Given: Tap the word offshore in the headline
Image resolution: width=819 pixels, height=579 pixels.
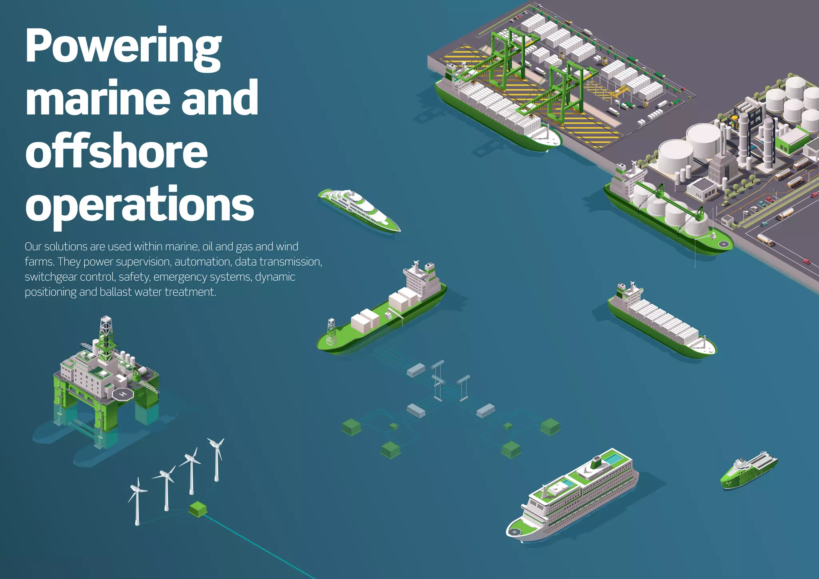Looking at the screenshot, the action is [116, 151].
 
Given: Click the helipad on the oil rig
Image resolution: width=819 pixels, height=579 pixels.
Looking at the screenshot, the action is [123, 394].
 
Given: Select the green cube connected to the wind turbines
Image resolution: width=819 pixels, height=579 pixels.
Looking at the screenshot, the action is [198, 508].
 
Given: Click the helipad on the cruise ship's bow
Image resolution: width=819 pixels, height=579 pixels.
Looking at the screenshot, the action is [515, 532].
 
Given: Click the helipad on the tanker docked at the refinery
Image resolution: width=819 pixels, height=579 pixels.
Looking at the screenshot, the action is [724, 244].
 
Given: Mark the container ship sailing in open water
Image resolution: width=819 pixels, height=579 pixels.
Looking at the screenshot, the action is [660, 320].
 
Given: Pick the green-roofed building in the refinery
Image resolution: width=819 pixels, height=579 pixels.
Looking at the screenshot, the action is [794, 138].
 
